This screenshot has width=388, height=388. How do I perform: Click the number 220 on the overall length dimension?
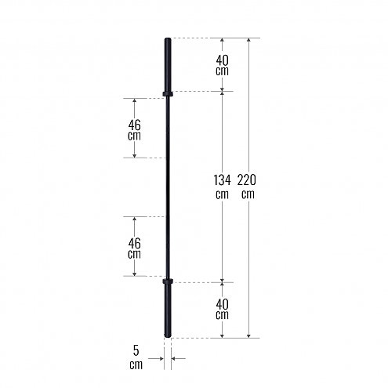point(249,180)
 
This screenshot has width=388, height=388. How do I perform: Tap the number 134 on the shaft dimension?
point(222,180)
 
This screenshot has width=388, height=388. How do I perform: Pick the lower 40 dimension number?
point(223,303)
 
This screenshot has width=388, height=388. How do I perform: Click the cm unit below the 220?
point(249,194)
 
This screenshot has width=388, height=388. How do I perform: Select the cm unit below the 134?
point(222,194)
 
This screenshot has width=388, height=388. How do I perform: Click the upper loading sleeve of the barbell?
point(167,64)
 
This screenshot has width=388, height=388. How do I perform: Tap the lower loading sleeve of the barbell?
point(167,310)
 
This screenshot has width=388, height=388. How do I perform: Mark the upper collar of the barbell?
point(167,95)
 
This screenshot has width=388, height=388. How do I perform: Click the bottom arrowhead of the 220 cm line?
point(249,335)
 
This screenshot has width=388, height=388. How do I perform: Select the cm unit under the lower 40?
point(223,315)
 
